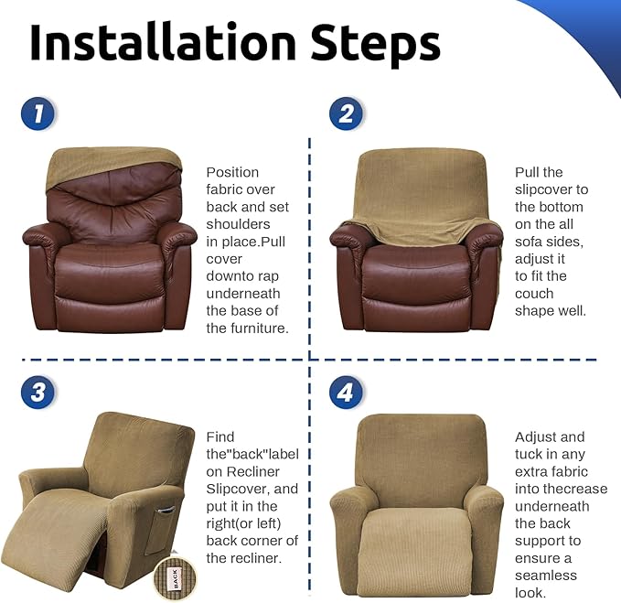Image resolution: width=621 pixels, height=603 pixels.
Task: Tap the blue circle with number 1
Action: (x=37, y=114)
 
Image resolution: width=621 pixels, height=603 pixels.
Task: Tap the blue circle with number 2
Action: (x=346, y=114)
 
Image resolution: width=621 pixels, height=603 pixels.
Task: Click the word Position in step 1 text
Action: (x=232, y=172)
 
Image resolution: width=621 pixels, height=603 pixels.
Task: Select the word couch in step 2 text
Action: (x=534, y=294)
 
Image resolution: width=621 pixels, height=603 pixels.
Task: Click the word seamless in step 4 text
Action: (x=547, y=576)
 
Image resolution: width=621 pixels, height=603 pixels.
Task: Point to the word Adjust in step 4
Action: (x=537, y=436)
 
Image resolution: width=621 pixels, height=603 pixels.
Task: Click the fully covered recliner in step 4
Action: (x=416, y=503)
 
